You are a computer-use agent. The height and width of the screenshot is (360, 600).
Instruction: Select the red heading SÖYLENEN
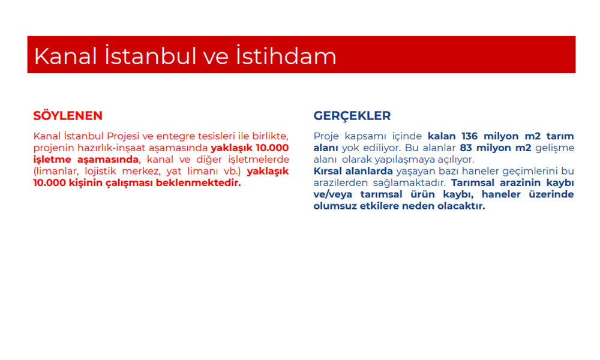tap(68, 116)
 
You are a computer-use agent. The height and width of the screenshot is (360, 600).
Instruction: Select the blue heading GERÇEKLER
tap(352, 116)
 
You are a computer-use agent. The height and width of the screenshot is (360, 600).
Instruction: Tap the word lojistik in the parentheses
tap(100, 171)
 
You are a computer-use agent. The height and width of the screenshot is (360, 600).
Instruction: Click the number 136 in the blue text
tap(470, 136)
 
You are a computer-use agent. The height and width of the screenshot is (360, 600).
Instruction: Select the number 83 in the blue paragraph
tap(466, 148)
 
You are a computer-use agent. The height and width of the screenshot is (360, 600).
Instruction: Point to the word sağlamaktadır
tap(409, 183)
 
